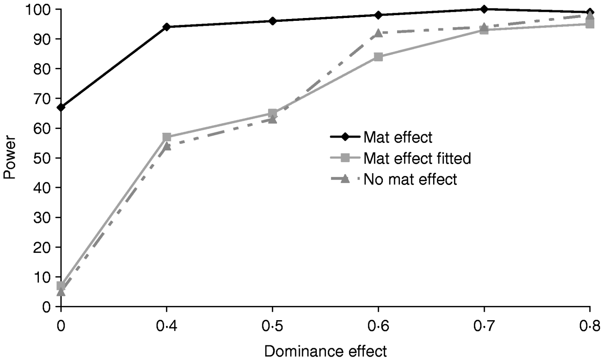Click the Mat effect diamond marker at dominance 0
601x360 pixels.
pos(61,107)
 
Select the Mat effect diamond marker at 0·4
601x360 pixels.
pos(166,27)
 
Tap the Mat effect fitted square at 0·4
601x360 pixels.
pos(166,137)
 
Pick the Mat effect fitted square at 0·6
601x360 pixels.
pos(378,57)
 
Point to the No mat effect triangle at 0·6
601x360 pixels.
pos(378,33)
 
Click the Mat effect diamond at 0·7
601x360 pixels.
pos(484,9)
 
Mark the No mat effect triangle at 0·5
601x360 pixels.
pos(272,120)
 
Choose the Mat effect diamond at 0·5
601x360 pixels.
pos(272,21)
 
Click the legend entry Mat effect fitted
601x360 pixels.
pos(417,158)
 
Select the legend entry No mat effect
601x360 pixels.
pos(410,180)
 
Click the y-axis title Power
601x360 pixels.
pos(9,158)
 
